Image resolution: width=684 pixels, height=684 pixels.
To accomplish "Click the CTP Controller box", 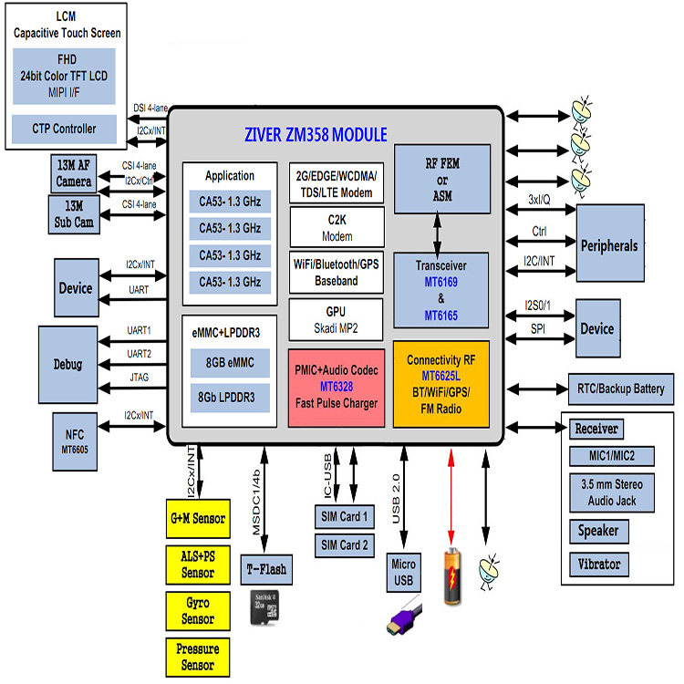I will [x=66, y=129].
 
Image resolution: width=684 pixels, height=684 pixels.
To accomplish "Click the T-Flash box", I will [x=266, y=570].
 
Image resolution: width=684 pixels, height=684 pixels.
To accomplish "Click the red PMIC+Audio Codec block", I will [x=335, y=386].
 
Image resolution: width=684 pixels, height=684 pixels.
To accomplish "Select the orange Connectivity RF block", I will [x=440, y=383].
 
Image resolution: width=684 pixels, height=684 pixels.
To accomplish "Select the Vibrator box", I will [x=599, y=565].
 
